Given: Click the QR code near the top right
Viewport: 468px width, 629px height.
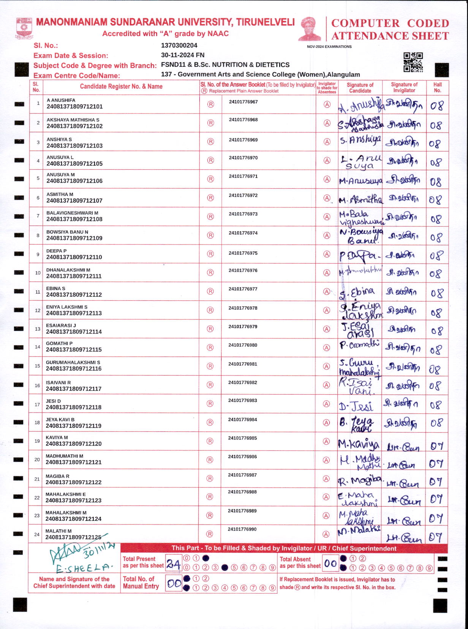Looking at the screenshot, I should (413, 62).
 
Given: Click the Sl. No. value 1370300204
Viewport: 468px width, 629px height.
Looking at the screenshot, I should (179, 46).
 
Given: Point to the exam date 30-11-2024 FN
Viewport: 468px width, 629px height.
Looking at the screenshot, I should (182, 55).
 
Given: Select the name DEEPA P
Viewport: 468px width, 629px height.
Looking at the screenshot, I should (56, 251).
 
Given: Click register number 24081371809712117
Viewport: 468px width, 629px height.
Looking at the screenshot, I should (74, 389).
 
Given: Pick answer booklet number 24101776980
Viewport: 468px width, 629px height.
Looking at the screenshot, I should (243, 345).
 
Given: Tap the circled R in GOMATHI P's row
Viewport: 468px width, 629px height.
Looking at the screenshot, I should (210, 348).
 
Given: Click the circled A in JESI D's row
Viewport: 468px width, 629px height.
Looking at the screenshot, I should (326, 404).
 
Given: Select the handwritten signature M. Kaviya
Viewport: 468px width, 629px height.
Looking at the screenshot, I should (359, 444).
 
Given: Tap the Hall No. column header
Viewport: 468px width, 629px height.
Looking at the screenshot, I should (438, 87).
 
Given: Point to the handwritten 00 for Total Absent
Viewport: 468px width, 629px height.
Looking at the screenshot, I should (330, 564).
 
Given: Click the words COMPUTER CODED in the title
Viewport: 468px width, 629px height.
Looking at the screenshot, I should (390, 23).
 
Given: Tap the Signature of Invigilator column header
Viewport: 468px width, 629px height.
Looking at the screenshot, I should (404, 87).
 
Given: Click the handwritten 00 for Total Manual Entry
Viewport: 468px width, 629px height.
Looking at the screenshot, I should (174, 583).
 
